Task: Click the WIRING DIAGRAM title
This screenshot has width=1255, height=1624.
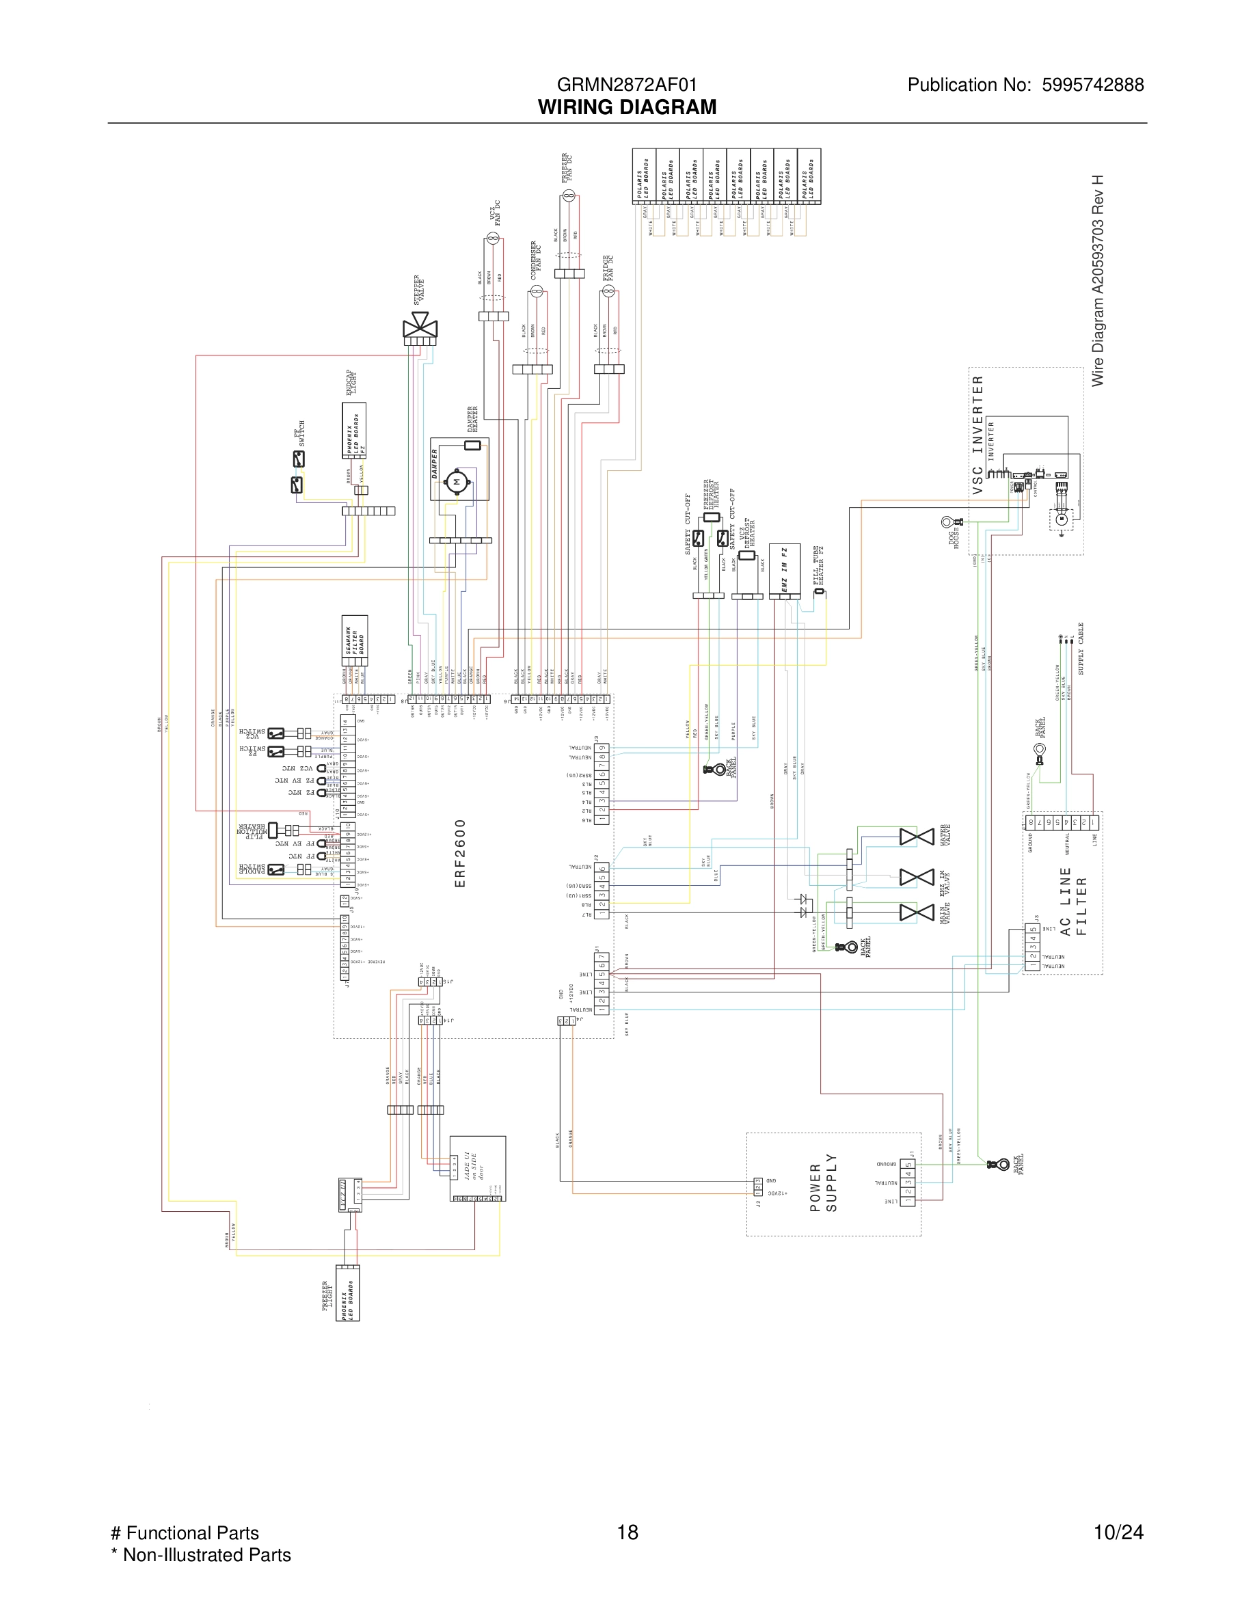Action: pos(627,107)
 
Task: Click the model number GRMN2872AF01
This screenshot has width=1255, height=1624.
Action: pos(627,85)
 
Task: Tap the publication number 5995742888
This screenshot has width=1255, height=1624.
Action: pos(1092,85)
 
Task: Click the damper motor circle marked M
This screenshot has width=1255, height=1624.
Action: pos(457,482)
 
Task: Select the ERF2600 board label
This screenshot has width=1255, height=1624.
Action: pos(459,853)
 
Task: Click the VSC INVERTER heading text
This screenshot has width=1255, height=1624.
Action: pos(978,434)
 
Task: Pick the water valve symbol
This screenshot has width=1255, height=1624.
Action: pos(916,837)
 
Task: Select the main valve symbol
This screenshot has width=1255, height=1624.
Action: pos(916,912)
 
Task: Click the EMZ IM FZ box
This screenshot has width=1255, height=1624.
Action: pos(785,571)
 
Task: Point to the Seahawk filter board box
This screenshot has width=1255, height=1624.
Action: pos(355,640)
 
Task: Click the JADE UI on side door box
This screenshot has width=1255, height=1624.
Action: pos(477,1167)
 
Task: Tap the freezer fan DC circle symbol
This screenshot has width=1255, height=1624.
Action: pos(569,195)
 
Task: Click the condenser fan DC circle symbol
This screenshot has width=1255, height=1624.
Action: pos(536,290)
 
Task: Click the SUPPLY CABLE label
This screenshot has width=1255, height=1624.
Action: pos(1081,649)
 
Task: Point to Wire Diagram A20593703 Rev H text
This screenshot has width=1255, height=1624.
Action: pos(1097,281)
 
